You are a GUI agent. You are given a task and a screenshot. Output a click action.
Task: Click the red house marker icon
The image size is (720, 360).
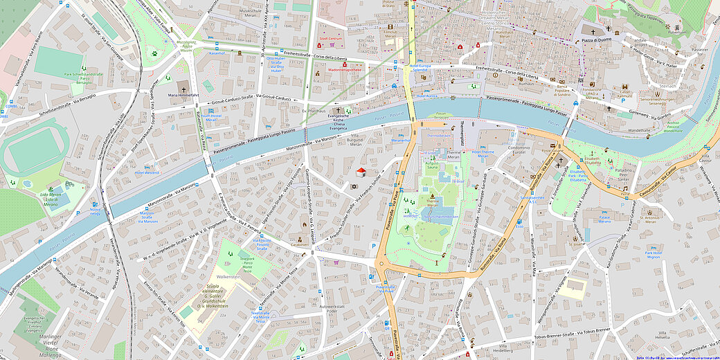(x=360, y=171)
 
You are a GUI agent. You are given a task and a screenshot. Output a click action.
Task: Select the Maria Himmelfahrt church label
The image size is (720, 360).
(x=182, y=96)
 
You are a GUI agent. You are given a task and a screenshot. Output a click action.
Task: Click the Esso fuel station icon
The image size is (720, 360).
(x=519, y=225)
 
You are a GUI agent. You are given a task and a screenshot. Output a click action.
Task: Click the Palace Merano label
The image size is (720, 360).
(x=604, y=219)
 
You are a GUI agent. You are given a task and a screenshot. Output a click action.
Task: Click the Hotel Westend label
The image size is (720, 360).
(x=147, y=172)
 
